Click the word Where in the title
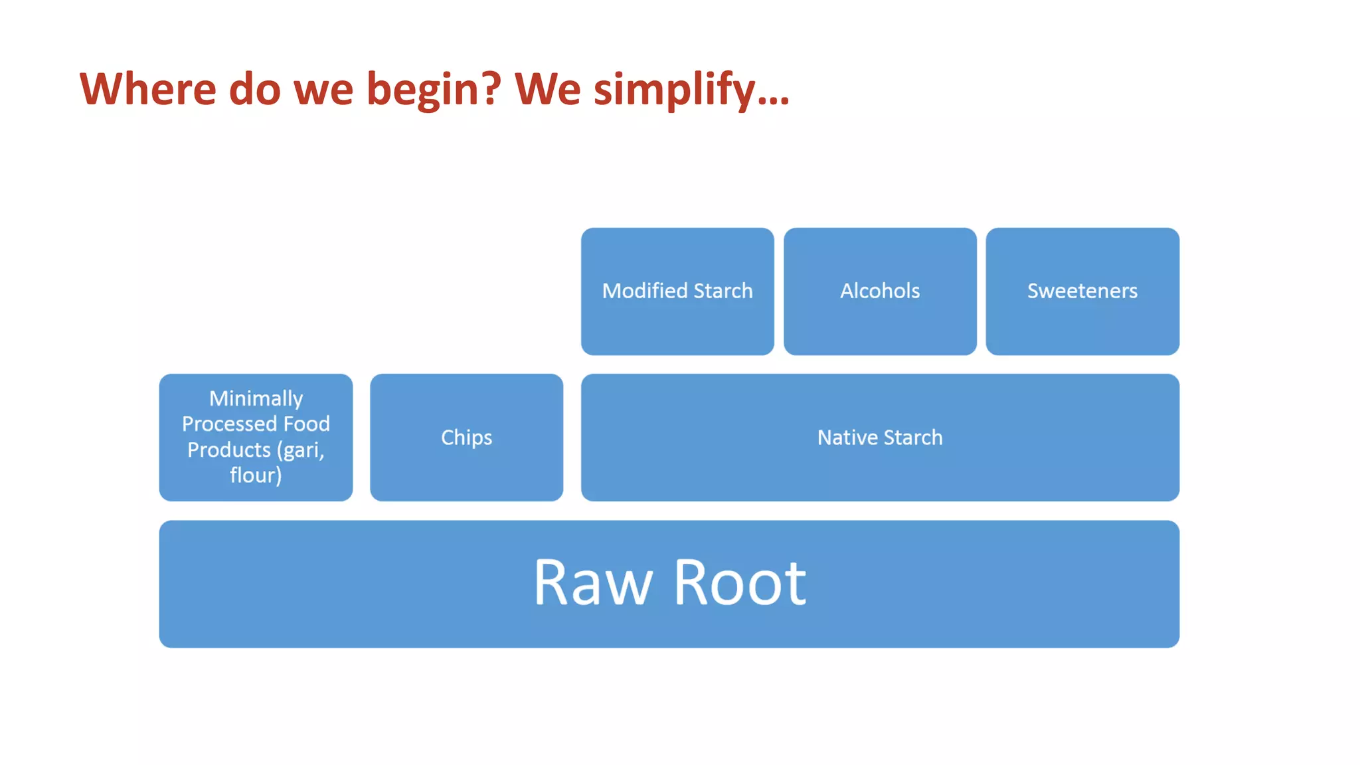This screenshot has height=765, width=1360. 147,89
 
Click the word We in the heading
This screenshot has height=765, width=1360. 547,89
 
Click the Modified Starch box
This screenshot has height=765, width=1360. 677,291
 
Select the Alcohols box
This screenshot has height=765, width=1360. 880,291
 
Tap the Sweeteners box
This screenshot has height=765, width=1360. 1082,291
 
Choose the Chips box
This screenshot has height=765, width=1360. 466,437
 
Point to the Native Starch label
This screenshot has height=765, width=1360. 880,437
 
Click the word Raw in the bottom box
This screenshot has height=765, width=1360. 592,583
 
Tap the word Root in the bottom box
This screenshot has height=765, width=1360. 740,583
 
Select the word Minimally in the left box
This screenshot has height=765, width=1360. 256,398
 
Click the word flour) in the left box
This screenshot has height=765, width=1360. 256,475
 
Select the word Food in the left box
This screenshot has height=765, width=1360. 306,424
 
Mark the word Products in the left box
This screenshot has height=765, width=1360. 228,450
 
